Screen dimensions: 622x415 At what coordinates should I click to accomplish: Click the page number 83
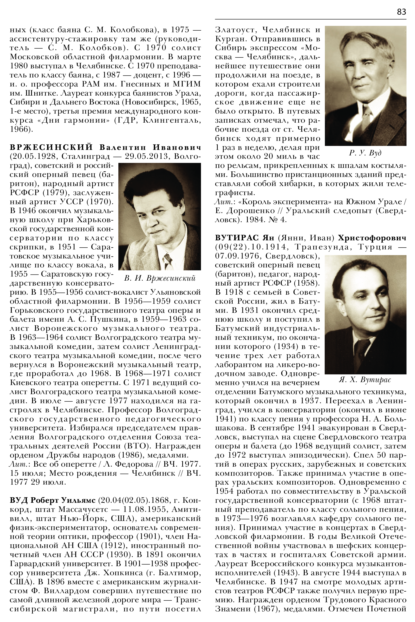401,12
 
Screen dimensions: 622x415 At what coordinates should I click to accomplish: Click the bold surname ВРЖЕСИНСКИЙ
52,147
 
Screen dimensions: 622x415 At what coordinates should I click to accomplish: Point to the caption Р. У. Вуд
365,153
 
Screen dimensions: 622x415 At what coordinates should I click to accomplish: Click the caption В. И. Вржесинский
160,278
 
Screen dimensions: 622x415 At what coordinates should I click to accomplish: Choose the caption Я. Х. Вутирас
365,380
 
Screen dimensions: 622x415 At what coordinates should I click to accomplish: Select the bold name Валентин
122,147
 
